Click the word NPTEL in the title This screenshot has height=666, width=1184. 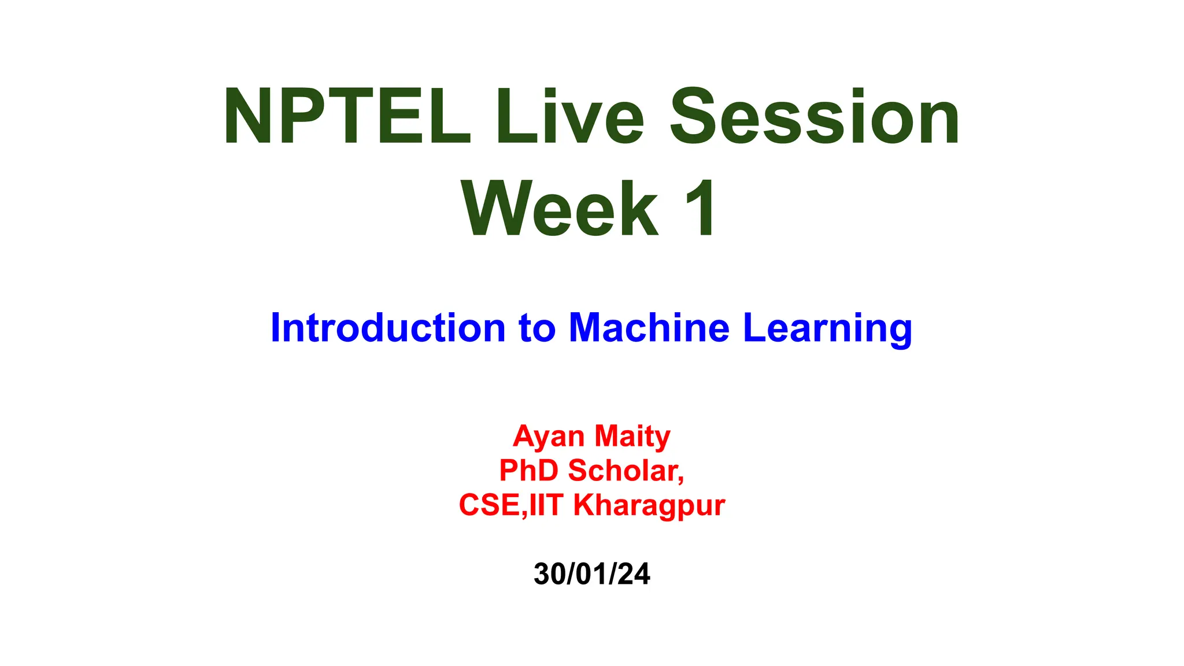pyautogui.click(x=347, y=117)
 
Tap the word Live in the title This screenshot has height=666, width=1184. pyautogui.click(x=569, y=117)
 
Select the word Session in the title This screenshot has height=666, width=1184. pyautogui.click(x=815, y=117)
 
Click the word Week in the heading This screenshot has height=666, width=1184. pyautogui.click(x=560, y=209)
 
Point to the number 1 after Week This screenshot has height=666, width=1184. pyautogui.click(x=700, y=209)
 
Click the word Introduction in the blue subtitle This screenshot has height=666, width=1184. pyautogui.click(x=388, y=328)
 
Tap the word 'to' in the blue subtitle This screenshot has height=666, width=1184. pyautogui.click(x=537, y=328)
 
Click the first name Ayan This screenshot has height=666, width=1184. pyautogui.click(x=549, y=437)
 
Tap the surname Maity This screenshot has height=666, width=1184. pyautogui.click(x=632, y=437)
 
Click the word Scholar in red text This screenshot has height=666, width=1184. pyautogui.click(x=624, y=470)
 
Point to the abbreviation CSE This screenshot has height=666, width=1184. pyautogui.click(x=490, y=505)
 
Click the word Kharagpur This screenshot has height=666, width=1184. pyautogui.click(x=649, y=506)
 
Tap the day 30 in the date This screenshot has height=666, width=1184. pyautogui.click(x=549, y=574)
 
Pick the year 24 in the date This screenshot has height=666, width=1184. pyautogui.click(x=635, y=574)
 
